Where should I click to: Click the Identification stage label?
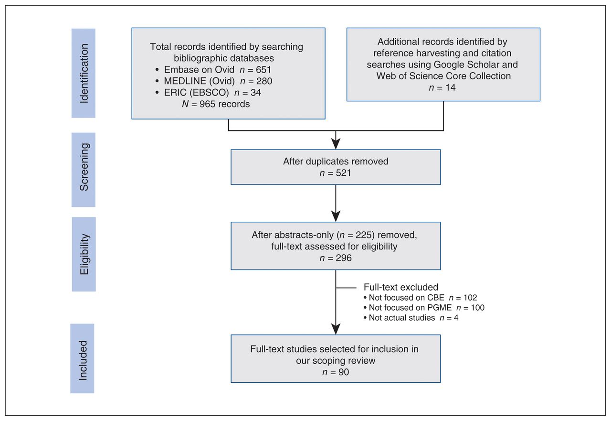click(84, 73)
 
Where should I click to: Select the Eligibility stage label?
click(84, 254)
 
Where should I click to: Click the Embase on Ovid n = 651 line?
click(213, 70)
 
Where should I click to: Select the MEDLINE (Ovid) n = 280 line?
click(214, 81)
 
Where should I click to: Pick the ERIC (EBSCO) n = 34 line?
click(208, 93)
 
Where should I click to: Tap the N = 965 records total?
click(216, 104)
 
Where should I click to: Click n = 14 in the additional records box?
click(442, 87)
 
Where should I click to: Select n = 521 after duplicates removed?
click(335, 173)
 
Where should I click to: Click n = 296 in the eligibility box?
click(336, 258)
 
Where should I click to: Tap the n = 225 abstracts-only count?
click(357, 235)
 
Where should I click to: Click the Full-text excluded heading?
click(401, 287)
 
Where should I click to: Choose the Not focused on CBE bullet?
click(421, 298)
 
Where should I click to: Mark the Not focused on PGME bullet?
click(424, 308)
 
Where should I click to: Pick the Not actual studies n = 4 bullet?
click(411, 318)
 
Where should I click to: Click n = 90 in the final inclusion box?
click(336, 372)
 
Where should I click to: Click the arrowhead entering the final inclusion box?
click(336, 329)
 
